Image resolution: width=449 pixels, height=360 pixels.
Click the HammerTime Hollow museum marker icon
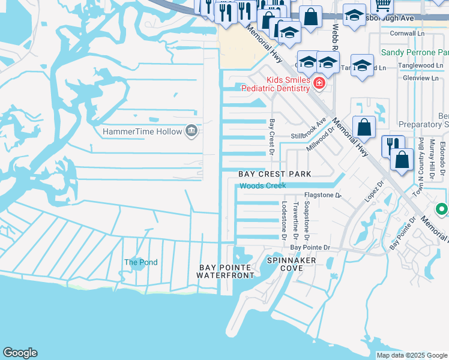(191, 130)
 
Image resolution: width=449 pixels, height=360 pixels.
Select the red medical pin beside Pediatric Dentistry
(319, 83)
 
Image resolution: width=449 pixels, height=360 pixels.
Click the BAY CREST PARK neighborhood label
(275, 174)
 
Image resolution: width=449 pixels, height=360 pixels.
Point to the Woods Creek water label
(263, 186)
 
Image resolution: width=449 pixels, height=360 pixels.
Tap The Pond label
(140, 262)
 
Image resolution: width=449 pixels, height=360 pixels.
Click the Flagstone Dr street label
(322, 195)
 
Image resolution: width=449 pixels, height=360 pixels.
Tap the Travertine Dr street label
(296, 218)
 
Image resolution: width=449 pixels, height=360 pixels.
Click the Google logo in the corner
(20, 353)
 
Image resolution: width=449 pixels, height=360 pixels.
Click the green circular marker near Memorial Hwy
(442, 209)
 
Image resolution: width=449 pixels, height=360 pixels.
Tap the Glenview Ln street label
(420, 78)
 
